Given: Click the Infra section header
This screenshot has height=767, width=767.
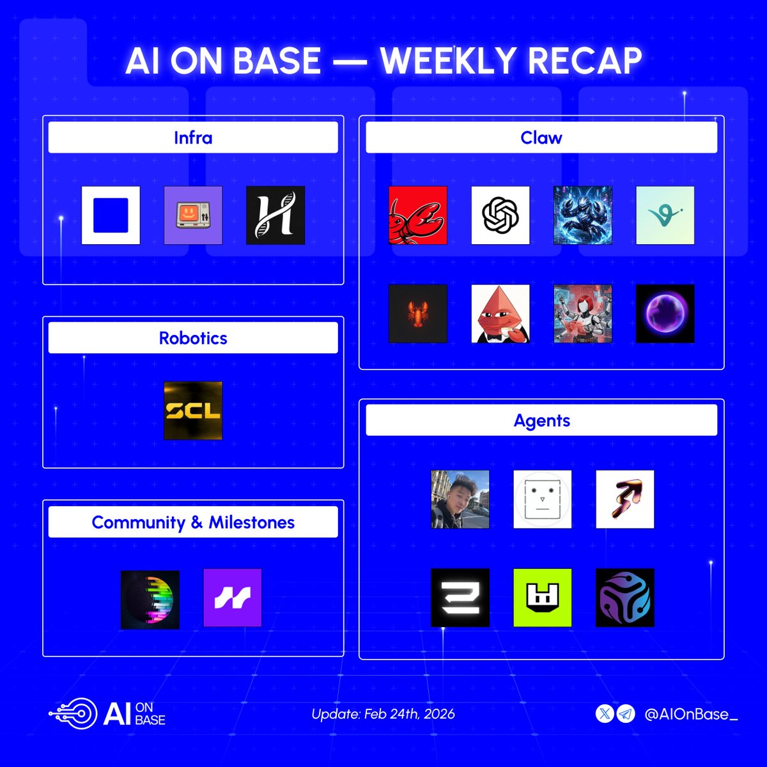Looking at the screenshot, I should click(x=193, y=137).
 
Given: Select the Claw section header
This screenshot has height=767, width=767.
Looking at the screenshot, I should click(x=541, y=137).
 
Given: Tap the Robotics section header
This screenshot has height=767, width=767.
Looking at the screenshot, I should click(x=193, y=338).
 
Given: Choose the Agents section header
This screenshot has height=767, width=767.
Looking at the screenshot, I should click(x=541, y=421).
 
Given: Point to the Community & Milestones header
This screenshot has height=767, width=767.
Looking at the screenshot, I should click(x=193, y=522).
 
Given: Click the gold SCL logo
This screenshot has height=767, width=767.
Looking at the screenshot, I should click(x=193, y=410).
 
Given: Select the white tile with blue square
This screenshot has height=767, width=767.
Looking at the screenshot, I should click(x=111, y=215).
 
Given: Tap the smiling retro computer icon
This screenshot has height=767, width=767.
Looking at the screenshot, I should click(x=193, y=215).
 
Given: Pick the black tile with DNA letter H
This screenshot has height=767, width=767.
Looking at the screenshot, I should click(x=275, y=215).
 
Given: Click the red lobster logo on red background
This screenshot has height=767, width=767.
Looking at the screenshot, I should click(x=418, y=215).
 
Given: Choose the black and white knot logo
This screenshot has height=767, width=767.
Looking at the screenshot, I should click(x=500, y=215).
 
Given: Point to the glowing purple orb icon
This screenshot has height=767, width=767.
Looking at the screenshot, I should click(x=665, y=314).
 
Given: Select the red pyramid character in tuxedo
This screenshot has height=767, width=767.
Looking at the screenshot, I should click(x=500, y=314).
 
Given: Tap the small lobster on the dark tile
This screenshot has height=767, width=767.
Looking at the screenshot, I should click(x=418, y=314).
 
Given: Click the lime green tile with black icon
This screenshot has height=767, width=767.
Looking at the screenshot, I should click(x=543, y=598).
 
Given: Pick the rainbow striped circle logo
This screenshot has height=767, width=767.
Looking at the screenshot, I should click(x=150, y=600).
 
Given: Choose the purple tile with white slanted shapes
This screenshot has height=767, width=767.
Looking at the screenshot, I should click(x=233, y=598).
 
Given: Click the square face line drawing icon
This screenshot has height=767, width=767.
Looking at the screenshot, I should click(x=543, y=499).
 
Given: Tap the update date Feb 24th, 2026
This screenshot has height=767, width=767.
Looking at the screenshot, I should click(x=383, y=714).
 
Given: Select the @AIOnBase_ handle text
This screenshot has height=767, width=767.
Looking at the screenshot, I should click(x=691, y=714).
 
